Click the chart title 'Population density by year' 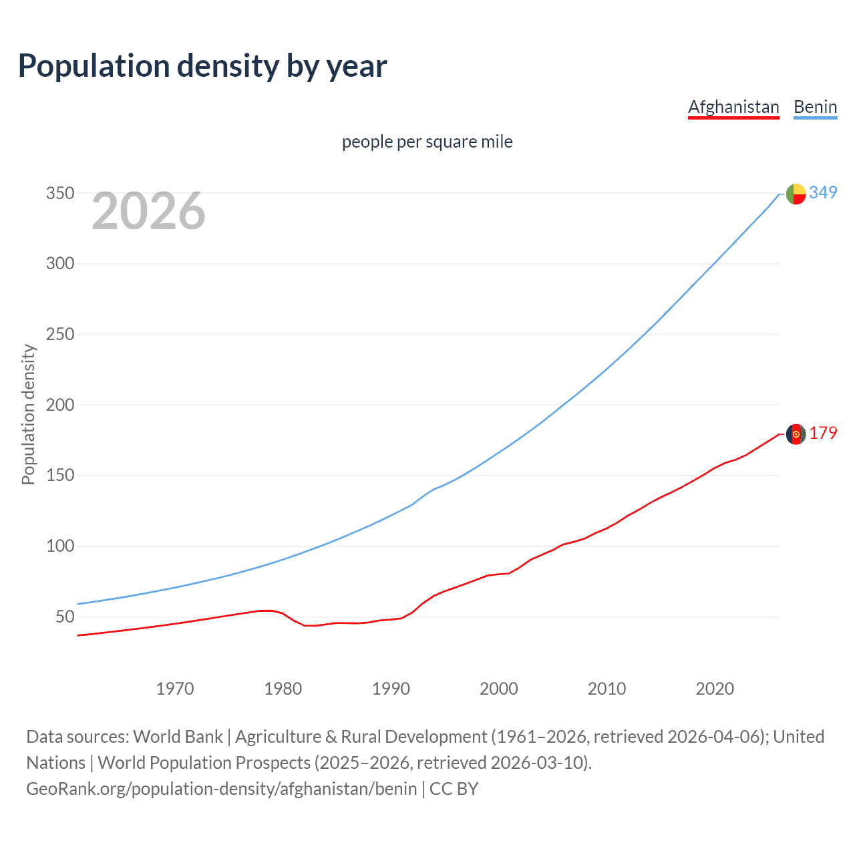tap(202, 66)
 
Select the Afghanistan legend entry tap(733, 107)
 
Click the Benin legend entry tap(815, 107)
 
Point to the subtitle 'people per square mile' tap(427, 142)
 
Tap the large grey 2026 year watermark tap(148, 211)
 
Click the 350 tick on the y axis tap(59, 193)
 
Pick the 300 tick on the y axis tap(59, 263)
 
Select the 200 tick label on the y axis tap(59, 405)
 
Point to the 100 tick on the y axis tap(59, 546)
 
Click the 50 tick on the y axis tap(65, 617)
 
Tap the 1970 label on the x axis tap(175, 689)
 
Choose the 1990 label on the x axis tap(391, 689)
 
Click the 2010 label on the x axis tap(607, 689)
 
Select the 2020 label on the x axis tap(715, 689)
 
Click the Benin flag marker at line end tap(796, 194)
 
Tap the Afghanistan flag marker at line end tap(796, 434)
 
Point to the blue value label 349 tap(823, 192)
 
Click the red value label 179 tap(823, 433)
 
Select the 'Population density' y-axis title tap(28, 414)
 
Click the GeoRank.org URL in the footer tap(222, 789)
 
